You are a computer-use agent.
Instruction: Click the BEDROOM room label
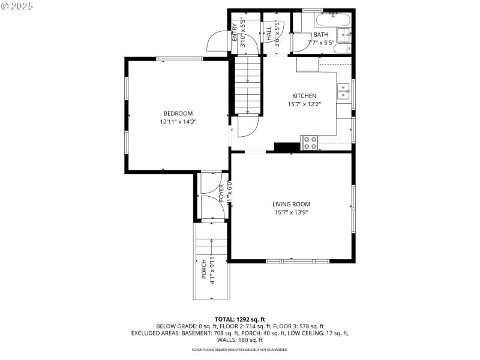pyautogui.click(x=178, y=113)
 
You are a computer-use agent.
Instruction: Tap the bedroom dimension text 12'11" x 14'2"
pyautogui.click(x=178, y=122)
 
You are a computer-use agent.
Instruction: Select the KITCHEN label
pyautogui.click(x=304, y=96)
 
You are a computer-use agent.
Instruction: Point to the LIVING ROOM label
pyautogui.click(x=292, y=204)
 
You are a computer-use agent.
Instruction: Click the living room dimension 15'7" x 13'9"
pyautogui.click(x=292, y=212)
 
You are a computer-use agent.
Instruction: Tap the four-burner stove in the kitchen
pyautogui.click(x=310, y=142)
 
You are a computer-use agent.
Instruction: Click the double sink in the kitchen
pyautogui.click(x=344, y=92)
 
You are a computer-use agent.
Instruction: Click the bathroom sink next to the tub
pyautogui.click(x=344, y=34)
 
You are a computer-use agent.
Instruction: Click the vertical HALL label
pyautogui.click(x=269, y=34)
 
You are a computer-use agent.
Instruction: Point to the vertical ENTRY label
pyautogui.click(x=235, y=34)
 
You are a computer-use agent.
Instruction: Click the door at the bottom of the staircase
pyautogui.click(x=247, y=125)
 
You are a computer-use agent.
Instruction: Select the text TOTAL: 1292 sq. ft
pyautogui.click(x=240, y=319)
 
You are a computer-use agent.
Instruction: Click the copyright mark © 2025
pyautogui.click(x=17, y=5)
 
